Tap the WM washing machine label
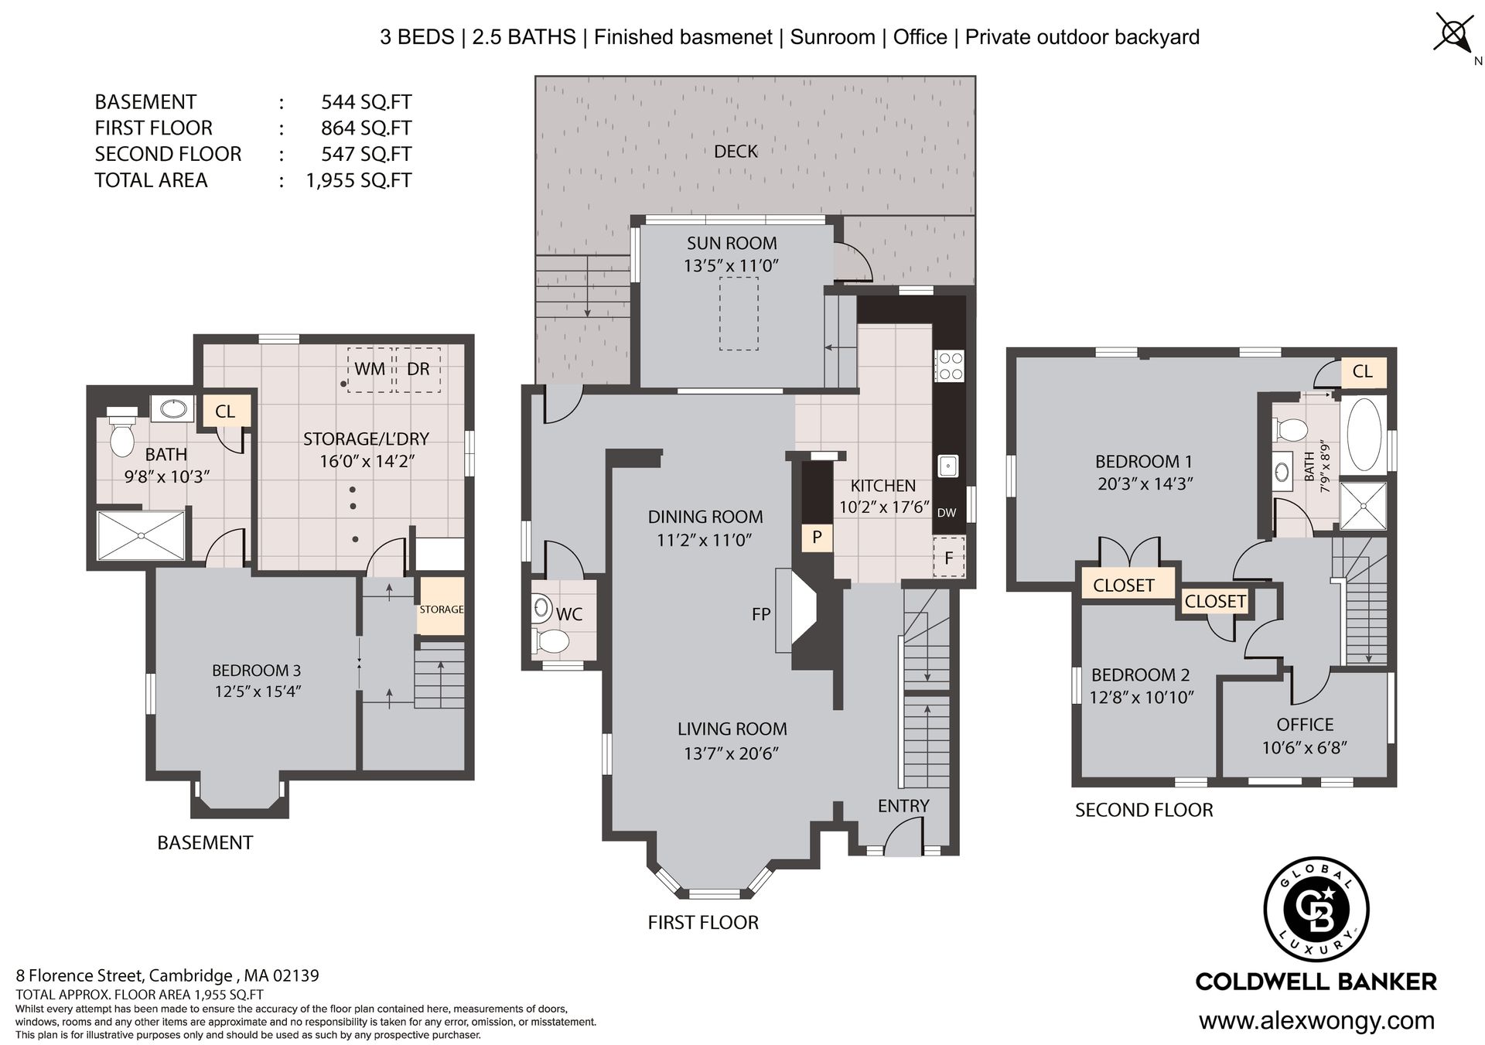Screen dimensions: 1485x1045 (370, 369)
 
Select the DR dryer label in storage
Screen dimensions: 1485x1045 (418, 369)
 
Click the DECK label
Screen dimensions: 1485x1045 (736, 151)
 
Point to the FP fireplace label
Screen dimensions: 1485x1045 (761, 614)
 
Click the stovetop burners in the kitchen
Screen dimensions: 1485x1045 (949, 366)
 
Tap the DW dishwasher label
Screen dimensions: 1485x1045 (947, 513)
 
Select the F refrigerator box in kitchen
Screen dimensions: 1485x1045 (949, 558)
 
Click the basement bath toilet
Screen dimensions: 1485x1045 (121, 432)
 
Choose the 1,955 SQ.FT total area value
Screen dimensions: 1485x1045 (359, 180)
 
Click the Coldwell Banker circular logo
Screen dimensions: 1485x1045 (1316, 910)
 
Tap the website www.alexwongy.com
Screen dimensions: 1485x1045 (1316, 1021)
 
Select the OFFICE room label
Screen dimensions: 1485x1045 (1305, 725)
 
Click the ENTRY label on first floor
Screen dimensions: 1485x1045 (903, 806)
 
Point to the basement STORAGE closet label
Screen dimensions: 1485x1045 (442, 610)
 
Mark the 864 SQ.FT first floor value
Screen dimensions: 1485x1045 (366, 128)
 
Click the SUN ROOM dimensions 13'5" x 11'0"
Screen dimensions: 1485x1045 (731, 265)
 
